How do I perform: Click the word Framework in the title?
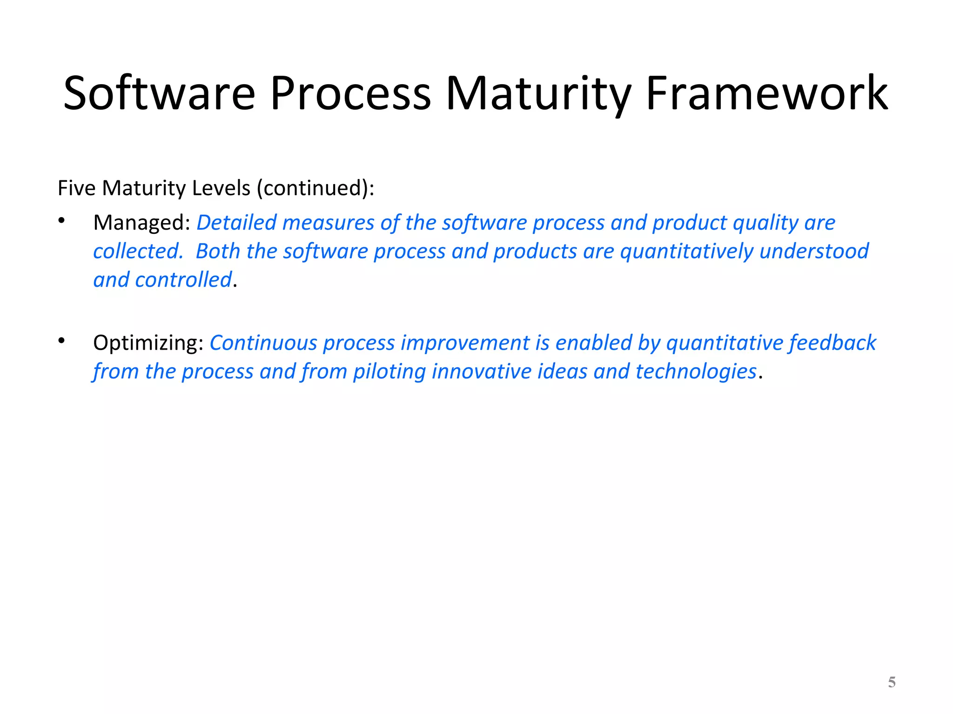tap(767, 94)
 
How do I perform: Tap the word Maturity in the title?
tap(538, 94)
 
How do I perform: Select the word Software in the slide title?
tap(159, 94)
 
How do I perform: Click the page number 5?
tap(892, 682)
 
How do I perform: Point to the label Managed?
tap(141, 223)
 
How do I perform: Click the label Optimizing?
tap(148, 343)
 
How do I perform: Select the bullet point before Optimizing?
tap(61, 341)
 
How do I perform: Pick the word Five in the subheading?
tap(76, 188)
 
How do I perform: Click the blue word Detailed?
tap(236, 223)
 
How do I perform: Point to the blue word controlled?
tap(183, 280)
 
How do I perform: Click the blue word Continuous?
tap(263, 343)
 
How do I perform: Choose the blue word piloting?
tap(389, 372)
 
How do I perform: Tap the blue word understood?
tap(814, 251)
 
